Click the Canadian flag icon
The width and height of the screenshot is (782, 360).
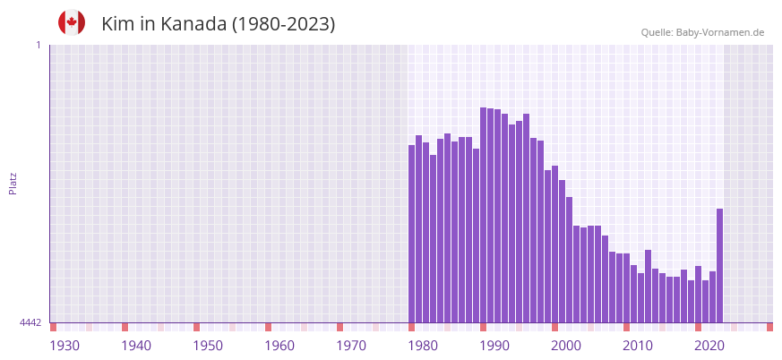click(72, 22)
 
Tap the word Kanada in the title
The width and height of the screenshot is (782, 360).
click(193, 24)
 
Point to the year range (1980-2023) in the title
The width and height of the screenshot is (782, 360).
click(283, 24)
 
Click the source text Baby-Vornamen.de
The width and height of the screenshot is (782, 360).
click(719, 32)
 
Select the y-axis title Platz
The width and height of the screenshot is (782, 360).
click(13, 183)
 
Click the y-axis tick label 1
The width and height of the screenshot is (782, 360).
click(38, 45)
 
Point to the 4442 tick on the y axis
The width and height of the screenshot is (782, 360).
click(30, 322)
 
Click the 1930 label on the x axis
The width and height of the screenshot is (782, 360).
click(64, 346)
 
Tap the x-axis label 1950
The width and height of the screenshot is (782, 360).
click(208, 346)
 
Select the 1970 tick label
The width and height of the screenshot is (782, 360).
click(351, 346)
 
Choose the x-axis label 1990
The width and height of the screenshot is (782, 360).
click(494, 346)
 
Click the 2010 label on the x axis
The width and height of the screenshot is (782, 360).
click(638, 346)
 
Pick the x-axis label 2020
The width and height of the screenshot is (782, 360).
click(709, 346)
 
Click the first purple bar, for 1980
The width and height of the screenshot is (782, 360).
click(412, 233)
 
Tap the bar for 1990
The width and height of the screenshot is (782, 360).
click(484, 215)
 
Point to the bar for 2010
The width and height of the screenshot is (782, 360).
click(627, 287)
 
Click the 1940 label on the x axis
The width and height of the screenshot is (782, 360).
click(136, 346)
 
